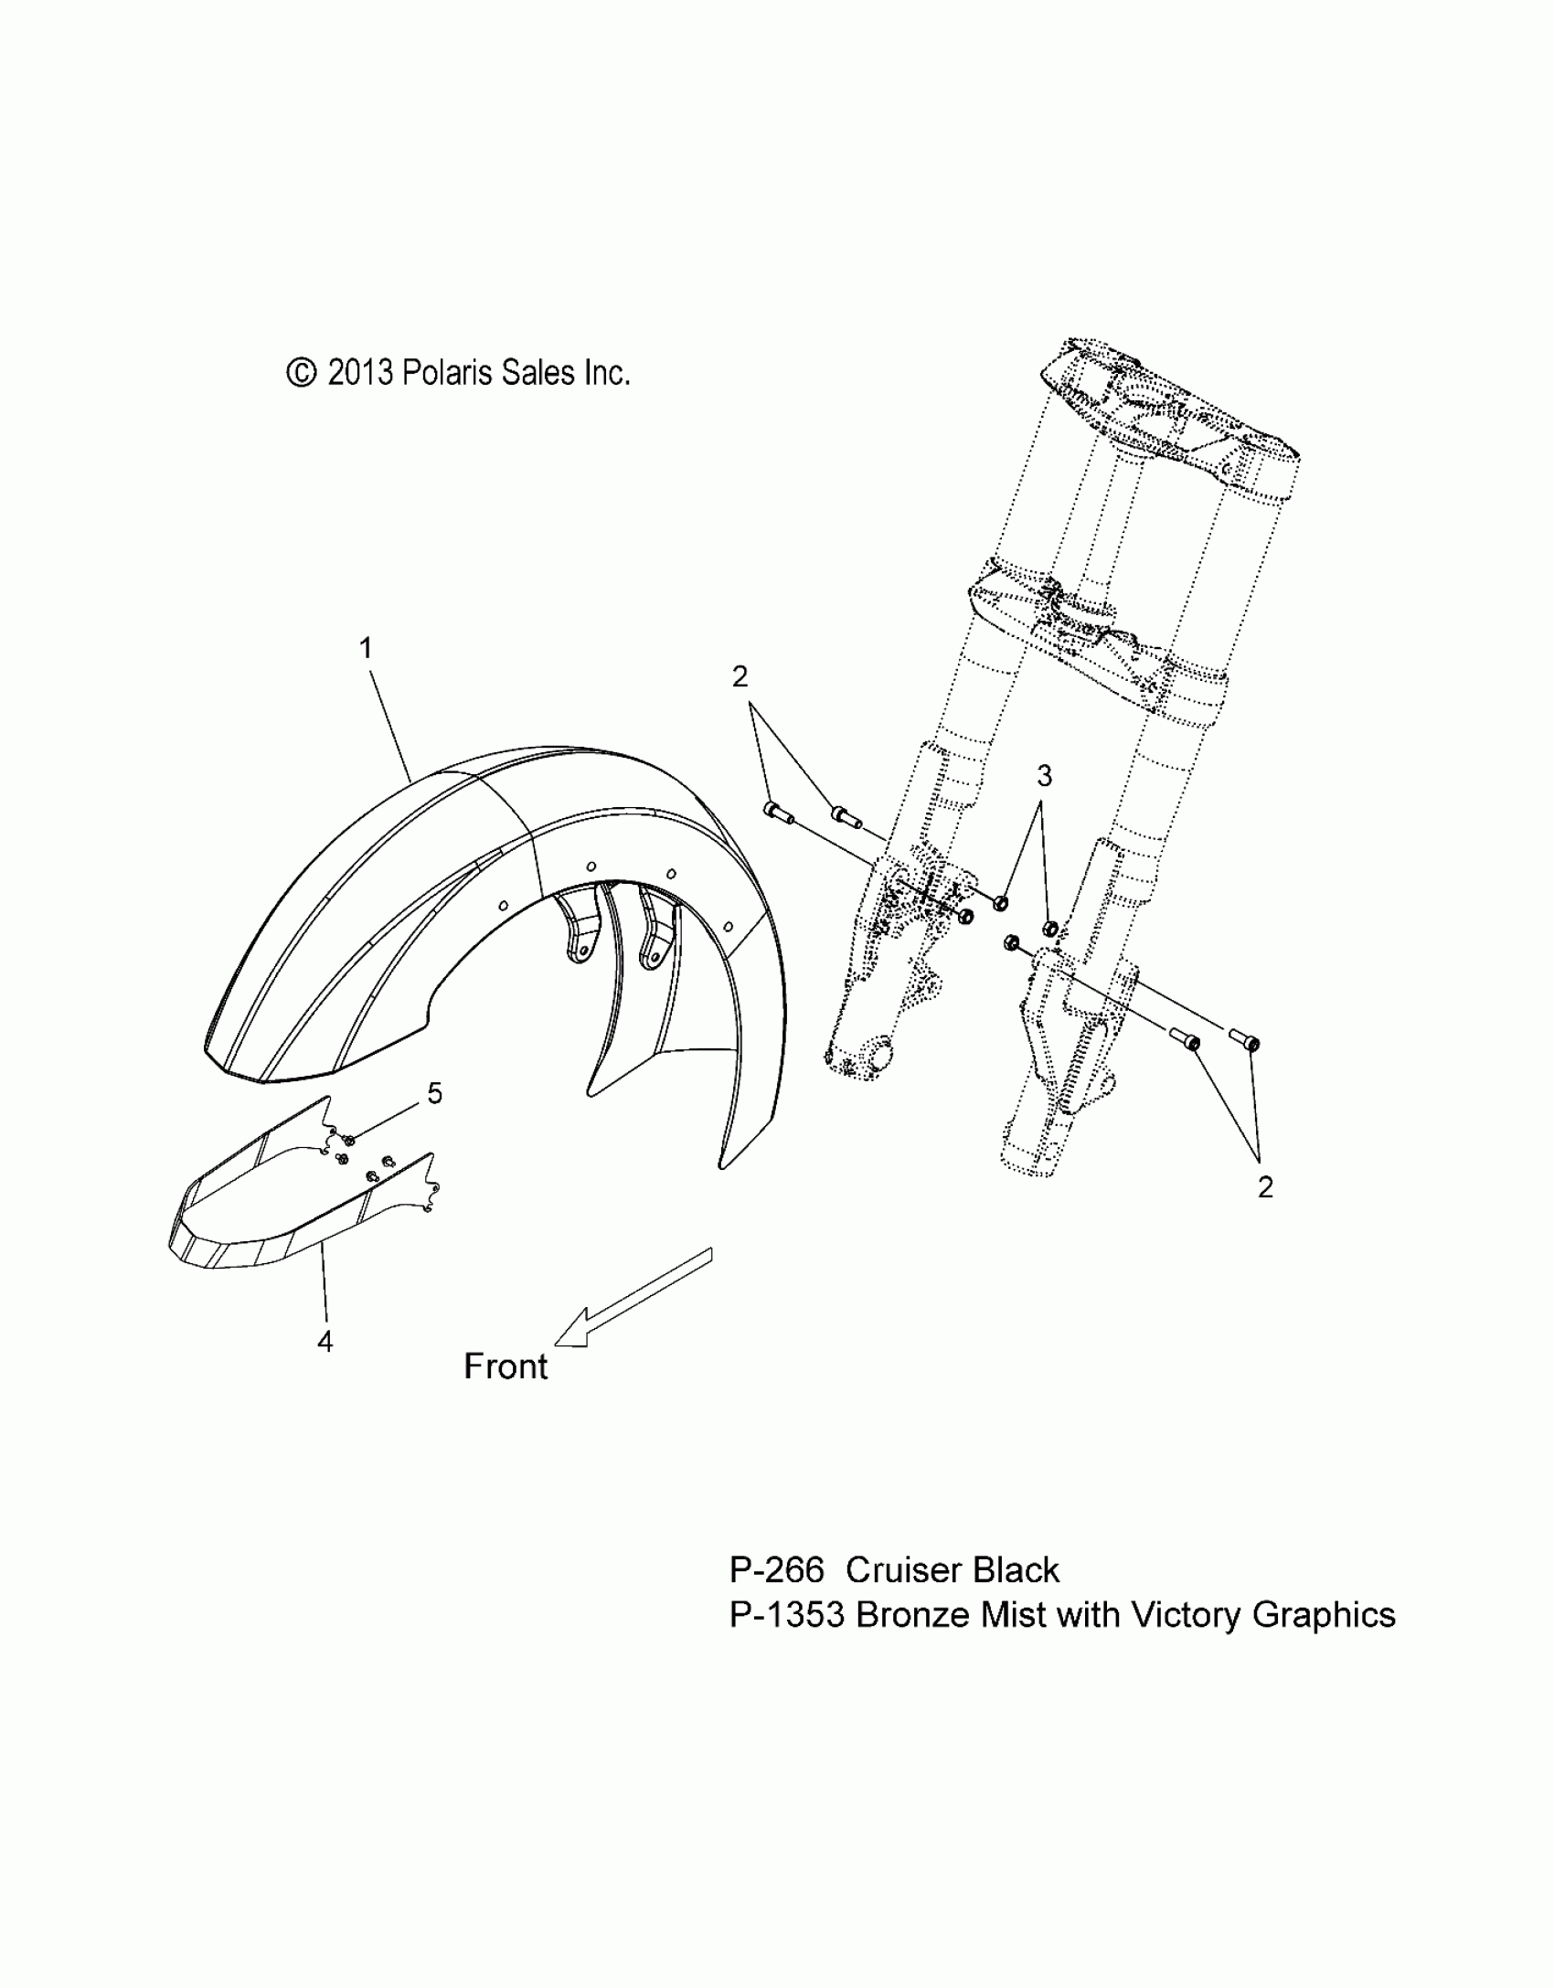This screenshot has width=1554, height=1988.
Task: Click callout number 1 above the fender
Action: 366,649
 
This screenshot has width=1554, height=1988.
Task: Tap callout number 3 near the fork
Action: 1044,776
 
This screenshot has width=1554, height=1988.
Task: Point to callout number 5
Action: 435,1093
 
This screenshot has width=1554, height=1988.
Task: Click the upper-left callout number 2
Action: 740,676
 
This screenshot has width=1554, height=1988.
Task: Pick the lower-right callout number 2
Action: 1265,1187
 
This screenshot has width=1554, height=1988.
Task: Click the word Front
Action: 506,1392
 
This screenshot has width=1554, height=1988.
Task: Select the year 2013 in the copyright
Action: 360,373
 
